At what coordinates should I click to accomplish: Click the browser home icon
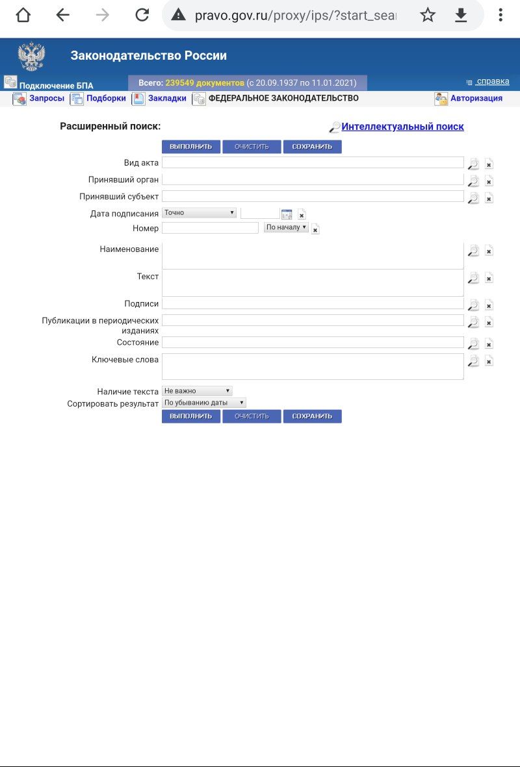(x=23, y=15)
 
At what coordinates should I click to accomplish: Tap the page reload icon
(x=142, y=15)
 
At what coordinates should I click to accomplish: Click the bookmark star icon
(x=428, y=15)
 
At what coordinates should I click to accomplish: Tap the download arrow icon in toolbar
(x=461, y=15)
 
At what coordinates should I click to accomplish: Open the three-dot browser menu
(x=500, y=15)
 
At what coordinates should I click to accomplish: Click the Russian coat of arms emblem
(x=31, y=57)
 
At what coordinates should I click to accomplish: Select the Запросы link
(x=46, y=99)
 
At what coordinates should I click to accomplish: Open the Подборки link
(x=106, y=99)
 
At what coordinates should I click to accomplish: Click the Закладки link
(x=167, y=99)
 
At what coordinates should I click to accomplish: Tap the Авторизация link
(x=476, y=99)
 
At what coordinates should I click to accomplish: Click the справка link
(x=492, y=82)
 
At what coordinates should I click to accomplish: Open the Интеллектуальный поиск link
(x=402, y=127)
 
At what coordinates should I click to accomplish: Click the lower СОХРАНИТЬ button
(x=312, y=416)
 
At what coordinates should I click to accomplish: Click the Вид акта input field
(x=313, y=162)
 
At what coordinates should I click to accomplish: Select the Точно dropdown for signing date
(x=199, y=212)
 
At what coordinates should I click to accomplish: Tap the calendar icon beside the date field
(x=287, y=214)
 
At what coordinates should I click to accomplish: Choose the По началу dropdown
(x=286, y=227)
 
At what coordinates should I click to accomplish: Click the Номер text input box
(x=210, y=228)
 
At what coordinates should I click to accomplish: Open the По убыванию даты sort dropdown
(x=203, y=403)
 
